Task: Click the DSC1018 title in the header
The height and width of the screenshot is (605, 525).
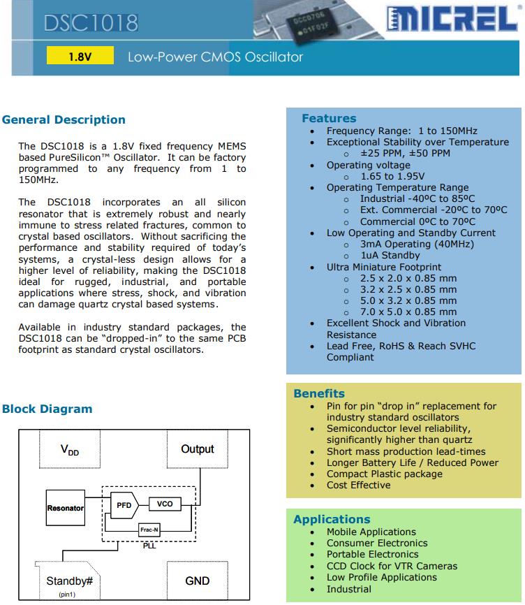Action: [91, 23]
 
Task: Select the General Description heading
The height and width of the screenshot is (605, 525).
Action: [64, 119]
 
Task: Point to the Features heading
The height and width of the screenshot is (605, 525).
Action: [329, 118]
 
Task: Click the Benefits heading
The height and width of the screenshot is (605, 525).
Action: [319, 393]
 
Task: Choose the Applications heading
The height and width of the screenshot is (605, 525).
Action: [332, 519]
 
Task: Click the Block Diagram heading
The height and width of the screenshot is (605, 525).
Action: [47, 409]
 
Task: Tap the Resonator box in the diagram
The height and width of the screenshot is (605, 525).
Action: [66, 508]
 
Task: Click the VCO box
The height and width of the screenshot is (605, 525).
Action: [165, 504]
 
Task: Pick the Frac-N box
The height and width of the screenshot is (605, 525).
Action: [149, 530]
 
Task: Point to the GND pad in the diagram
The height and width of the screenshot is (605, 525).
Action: [197, 581]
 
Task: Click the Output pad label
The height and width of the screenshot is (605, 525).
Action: [197, 449]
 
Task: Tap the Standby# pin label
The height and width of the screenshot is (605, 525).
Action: [69, 581]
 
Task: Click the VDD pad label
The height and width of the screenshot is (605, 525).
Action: [69, 451]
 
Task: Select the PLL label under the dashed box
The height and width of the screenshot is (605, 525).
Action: [149, 545]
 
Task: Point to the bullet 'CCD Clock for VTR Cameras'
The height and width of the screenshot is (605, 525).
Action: [392, 566]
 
